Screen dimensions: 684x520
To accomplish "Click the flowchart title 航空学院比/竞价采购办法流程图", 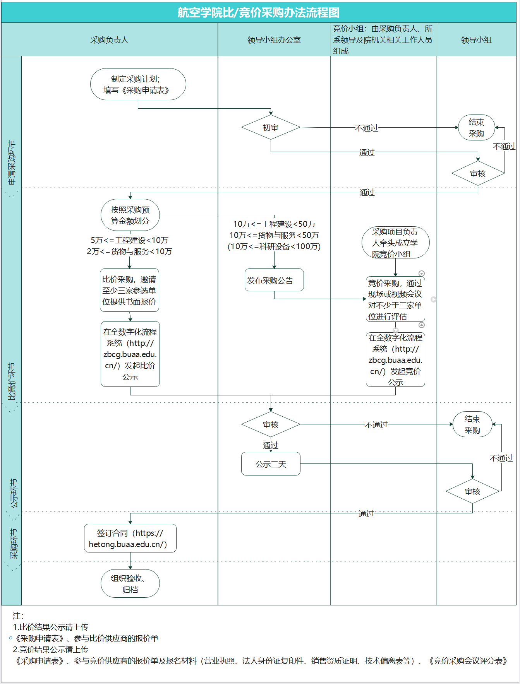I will pyautogui.click(x=258, y=12).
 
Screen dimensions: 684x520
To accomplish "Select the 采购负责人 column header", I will pyautogui.click(x=109, y=40).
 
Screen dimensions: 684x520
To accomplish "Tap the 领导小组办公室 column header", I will pyautogui.click(x=274, y=40).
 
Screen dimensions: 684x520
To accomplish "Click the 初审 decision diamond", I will pyautogui.click(x=271, y=127).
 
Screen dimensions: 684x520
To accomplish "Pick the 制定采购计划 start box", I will pyautogui.click(x=138, y=84).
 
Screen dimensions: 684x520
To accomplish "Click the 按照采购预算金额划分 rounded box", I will pyautogui.click(x=130, y=215).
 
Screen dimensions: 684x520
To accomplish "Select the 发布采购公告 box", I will pyautogui.click(x=274, y=280).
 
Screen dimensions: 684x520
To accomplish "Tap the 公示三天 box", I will pyautogui.click(x=271, y=464).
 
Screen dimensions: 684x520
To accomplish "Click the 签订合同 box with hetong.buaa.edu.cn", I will pyautogui.click(x=130, y=538).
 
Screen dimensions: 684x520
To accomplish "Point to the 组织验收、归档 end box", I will pyautogui.click(x=130, y=583).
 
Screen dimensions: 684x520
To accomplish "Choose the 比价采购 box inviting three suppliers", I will pyautogui.click(x=129, y=290).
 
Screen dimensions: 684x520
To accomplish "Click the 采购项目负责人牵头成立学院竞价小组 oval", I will pyautogui.click(x=395, y=243).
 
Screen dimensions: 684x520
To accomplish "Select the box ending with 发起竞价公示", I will pyautogui.click(x=395, y=360).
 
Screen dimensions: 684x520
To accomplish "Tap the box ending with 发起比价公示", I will pyautogui.click(x=130, y=354).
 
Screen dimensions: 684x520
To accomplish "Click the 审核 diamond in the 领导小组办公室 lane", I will pyautogui.click(x=271, y=424).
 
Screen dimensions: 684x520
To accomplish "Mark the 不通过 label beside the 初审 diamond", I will pyautogui.click(x=366, y=128).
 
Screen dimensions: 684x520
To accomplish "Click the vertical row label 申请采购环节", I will pyautogui.click(x=12, y=162).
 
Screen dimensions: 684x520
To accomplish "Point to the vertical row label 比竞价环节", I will pyautogui.click(x=12, y=381).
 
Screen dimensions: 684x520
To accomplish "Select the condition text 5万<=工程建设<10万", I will pyautogui.click(x=129, y=240).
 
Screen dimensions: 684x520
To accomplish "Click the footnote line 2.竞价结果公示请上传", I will pyautogui.click(x=51, y=649).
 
